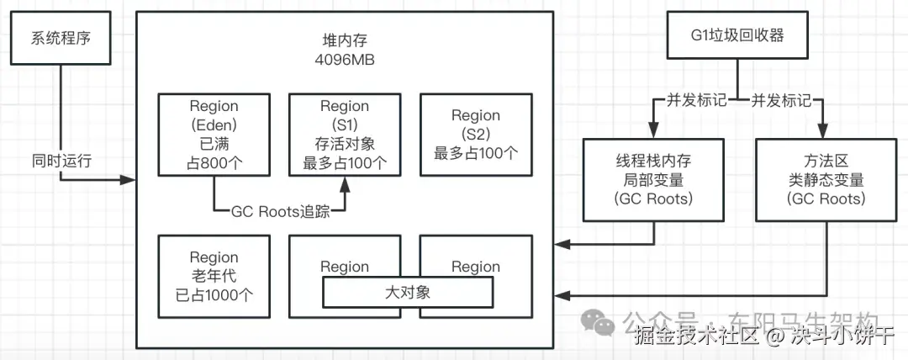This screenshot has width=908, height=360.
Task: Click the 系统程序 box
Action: click(61, 38)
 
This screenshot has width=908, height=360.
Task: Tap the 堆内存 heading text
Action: click(345, 41)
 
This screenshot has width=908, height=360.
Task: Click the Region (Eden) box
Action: click(214, 135)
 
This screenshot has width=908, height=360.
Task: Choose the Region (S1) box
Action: click(345, 135)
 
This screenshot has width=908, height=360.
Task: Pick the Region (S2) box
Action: click(475, 135)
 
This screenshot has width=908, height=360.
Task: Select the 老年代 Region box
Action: click(214, 276)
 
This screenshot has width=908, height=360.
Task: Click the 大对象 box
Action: click(408, 293)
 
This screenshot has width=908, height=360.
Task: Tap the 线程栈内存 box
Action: click(653, 179)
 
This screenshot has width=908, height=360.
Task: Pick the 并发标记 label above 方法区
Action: click(781, 101)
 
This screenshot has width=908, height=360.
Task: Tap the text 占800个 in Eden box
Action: click(214, 162)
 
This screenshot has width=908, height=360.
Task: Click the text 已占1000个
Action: click(214, 294)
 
